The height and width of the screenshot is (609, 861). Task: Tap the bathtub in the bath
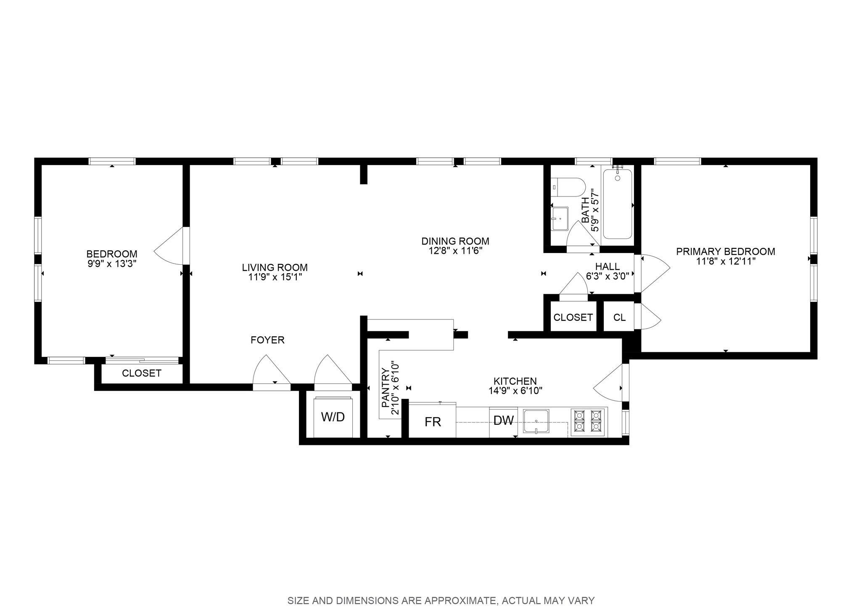pyautogui.click(x=618, y=204)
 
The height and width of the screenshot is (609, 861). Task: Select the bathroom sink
pyautogui.click(x=560, y=218)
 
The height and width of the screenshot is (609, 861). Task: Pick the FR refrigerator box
pyautogui.click(x=433, y=420)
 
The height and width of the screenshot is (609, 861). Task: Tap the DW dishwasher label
pyautogui.click(x=504, y=420)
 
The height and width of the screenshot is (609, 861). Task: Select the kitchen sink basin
pyautogui.click(x=536, y=421)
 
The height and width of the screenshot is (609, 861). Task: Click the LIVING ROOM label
pyautogui.click(x=275, y=267)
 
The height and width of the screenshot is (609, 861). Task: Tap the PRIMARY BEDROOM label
pyautogui.click(x=726, y=251)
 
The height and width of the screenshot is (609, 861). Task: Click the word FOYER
pyautogui.click(x=267, y=340)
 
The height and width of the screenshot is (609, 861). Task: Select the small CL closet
pyautogui.click(x=619, y=317)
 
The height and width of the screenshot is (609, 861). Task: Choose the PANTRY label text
pyautogui.click(x=385, y=388)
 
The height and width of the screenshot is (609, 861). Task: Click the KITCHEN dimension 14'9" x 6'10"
pyautogui.click(x=515, y=391)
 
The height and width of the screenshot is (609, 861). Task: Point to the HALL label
pyautogui.click(x=607, y=266)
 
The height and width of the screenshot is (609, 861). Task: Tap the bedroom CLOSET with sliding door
pyautogui.click(x=142, y=373)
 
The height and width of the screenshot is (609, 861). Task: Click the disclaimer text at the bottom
pyautogui.click(x=441, y=600)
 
